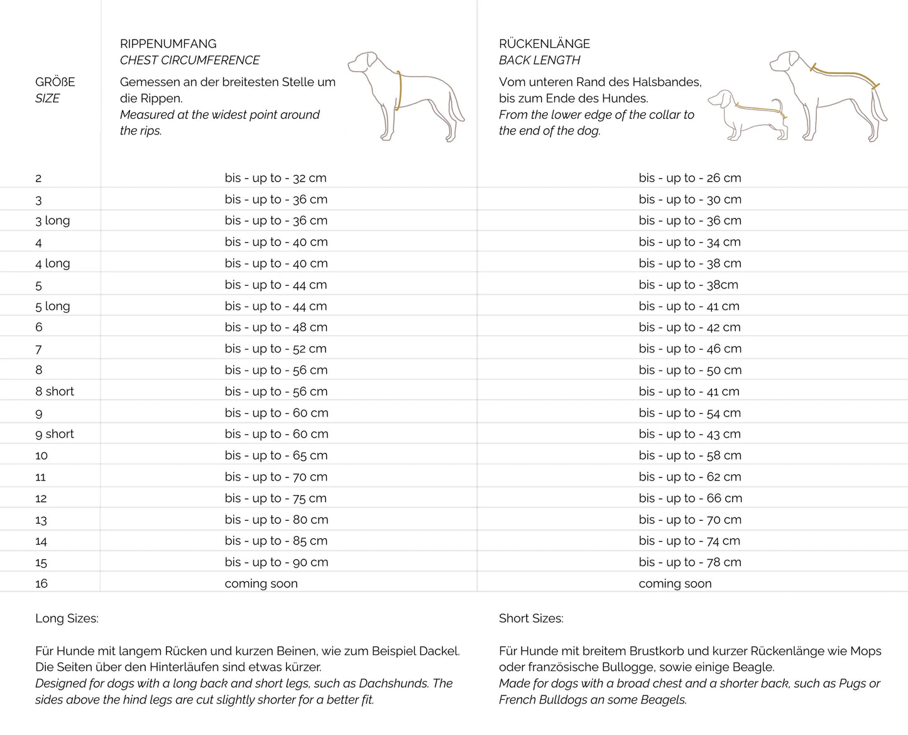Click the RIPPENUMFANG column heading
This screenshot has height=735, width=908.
(x=168, y=44)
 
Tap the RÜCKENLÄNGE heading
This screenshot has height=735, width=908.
(x=544, y=44)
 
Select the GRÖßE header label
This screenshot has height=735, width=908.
(x=55, y=82)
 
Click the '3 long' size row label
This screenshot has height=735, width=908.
(x=53, y=220)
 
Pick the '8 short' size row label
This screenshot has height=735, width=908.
(x=55, y=391)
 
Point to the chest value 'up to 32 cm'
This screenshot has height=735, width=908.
(x=276, y=178)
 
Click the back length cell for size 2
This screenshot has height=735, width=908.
(x=690, y=178)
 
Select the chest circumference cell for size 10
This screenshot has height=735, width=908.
(x=276, y=455)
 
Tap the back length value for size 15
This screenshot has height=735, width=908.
(x=690, y=562)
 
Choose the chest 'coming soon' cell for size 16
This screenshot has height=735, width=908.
(x=261, y=584)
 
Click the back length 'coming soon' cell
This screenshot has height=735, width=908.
(x=676, y=584)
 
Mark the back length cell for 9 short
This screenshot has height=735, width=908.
(x=690, y=434)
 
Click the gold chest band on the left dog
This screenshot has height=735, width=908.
(x=398, y=91)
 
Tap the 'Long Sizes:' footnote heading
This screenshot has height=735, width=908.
(x=67, y=618)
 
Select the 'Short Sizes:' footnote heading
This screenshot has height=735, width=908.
(x=531, y=618)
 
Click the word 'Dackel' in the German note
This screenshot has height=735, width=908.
(x=439, y=651)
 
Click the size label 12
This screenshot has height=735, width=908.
(x=41, y=499)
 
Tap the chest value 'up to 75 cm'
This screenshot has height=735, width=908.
(x=276, y=498)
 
